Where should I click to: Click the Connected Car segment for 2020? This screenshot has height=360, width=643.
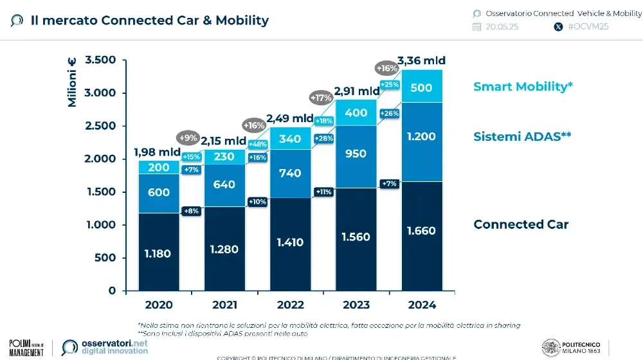(158, 253)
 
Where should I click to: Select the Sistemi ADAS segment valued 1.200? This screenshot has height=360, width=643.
(422, 136)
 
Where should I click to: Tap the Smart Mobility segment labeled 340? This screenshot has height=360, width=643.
(290, 138)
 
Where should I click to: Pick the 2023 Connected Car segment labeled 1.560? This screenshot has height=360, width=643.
(356, 237)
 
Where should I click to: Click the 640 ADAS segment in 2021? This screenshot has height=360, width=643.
(224, 185)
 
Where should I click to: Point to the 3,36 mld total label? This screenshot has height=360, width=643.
(421, 61)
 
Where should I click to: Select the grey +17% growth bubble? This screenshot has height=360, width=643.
(321, 98)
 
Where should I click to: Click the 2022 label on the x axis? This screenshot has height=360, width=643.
(290, 305)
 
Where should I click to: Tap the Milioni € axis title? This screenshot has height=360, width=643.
(72, 82)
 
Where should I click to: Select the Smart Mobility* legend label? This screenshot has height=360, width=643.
(523, 86)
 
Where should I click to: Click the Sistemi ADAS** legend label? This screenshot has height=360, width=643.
(523, 136)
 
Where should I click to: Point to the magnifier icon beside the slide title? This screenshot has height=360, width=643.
(17, 21)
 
